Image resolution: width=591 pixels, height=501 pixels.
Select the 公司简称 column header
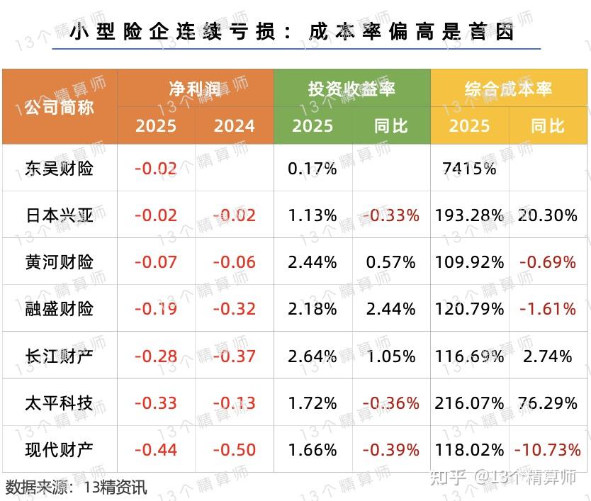(x=60, y=107)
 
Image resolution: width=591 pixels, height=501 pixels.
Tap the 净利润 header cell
(x=195, y=89)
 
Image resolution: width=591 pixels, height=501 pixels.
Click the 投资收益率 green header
(x=351, y=89)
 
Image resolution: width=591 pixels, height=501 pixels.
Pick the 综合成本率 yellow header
(x=508, y=89)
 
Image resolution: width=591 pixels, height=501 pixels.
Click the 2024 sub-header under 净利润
(x=234, y=126)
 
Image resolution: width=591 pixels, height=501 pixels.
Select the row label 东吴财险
(x=60, y=169)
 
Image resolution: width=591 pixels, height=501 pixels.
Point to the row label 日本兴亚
(x=60, y=215)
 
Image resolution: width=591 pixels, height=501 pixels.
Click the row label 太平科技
(x=60, y=403)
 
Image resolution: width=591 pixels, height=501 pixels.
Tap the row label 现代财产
(x=60, y=450)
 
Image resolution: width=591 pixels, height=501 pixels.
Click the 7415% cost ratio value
(x=469, y=169)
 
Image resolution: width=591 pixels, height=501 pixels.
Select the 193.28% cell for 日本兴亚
(x=469, y=215)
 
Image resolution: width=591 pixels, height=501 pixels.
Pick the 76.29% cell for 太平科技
(x=548, y=403)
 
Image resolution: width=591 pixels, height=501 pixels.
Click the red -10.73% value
(x=548, y=450)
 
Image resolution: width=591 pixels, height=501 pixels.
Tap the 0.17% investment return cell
(x=313, y=169)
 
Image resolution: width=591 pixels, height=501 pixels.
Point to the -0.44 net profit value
(x=156, y=450)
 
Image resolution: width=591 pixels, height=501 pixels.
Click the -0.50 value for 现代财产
(x=234, y=450)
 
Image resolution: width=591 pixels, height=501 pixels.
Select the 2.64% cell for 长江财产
(x=313, y=356)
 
